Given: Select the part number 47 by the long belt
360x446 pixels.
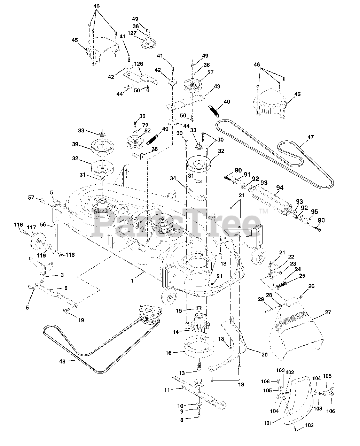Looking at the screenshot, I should pyautogui.click(x=310, y=137).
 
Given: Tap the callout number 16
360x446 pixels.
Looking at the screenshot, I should pyautogui.click(x=169, y=353).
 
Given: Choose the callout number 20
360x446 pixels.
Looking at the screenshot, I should pyautogui.click(x=264, y=355).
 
